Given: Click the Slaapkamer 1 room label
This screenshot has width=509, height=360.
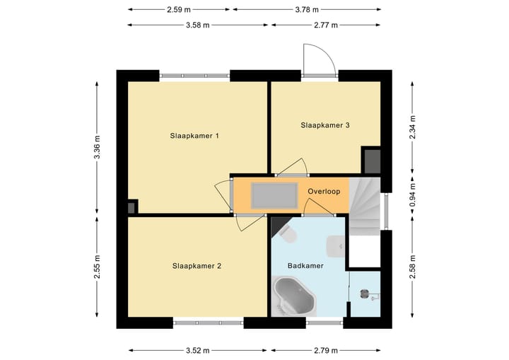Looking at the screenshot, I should (x=193, y=135).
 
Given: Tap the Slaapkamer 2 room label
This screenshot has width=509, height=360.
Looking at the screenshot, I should (x=197, y=266).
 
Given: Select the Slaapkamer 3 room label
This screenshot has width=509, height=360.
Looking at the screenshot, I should (x=325, y=125).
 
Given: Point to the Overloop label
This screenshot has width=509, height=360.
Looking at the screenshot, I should (x=324, y=192).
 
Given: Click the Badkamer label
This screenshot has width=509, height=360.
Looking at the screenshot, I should (x=305, y=266).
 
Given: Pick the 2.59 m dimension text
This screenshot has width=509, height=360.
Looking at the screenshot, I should (x=180, y=10).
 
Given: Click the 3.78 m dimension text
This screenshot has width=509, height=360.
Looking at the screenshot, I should (x=306, y=10).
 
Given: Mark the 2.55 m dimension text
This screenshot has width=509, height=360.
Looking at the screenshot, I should (x=98, y=267).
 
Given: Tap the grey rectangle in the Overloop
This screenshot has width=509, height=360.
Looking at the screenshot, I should (x=274, y=193).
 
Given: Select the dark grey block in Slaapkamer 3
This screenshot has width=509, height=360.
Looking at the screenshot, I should (x=371, y=160).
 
